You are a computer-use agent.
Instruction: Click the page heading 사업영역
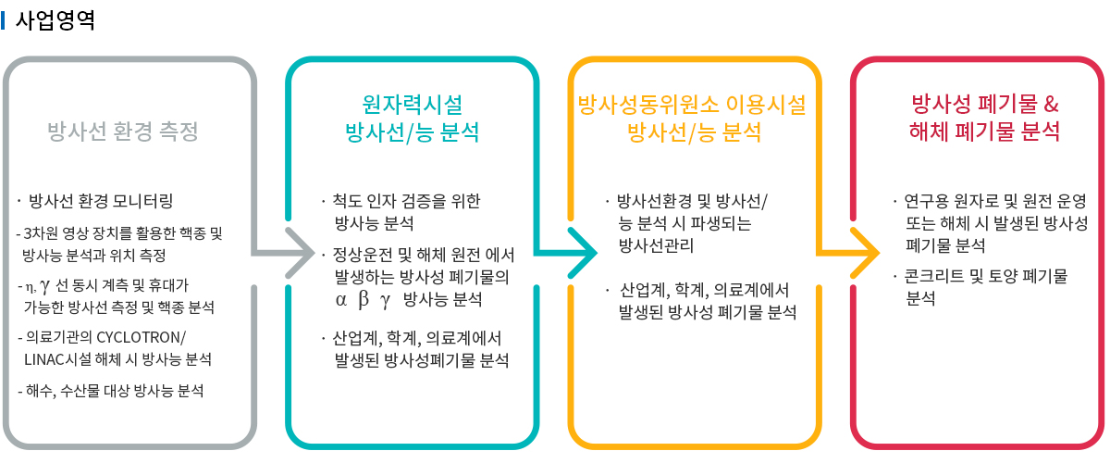55,20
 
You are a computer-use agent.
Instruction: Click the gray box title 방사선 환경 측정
123,131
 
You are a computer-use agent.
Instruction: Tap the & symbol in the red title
1051,102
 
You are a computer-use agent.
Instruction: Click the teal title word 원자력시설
412,103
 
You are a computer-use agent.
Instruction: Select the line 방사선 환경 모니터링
101,201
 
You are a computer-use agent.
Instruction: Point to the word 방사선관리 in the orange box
656,245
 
